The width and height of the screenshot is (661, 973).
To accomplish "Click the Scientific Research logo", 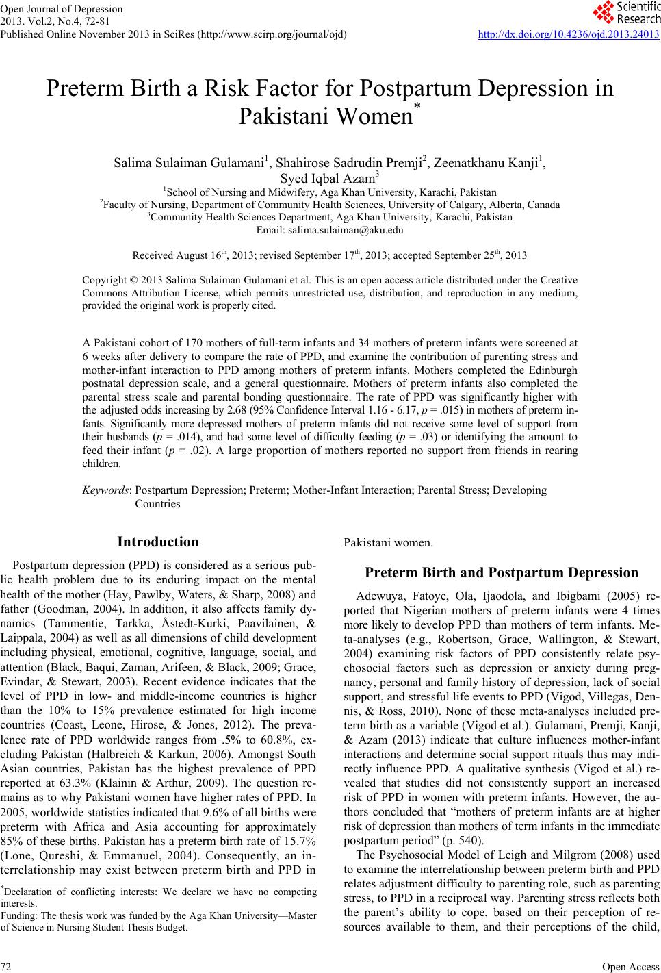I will click(626, 12).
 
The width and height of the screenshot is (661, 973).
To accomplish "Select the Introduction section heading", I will click(158, 542).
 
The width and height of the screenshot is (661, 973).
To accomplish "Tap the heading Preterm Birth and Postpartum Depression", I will click(502, 572).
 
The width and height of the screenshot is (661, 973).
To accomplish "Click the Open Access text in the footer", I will click(636, 966).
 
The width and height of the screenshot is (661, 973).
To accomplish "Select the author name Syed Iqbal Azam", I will click(330, 179).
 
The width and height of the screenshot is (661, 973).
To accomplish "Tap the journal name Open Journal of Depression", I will click(62, 9).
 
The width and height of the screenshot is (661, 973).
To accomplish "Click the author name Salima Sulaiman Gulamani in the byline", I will click(189, 164).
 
